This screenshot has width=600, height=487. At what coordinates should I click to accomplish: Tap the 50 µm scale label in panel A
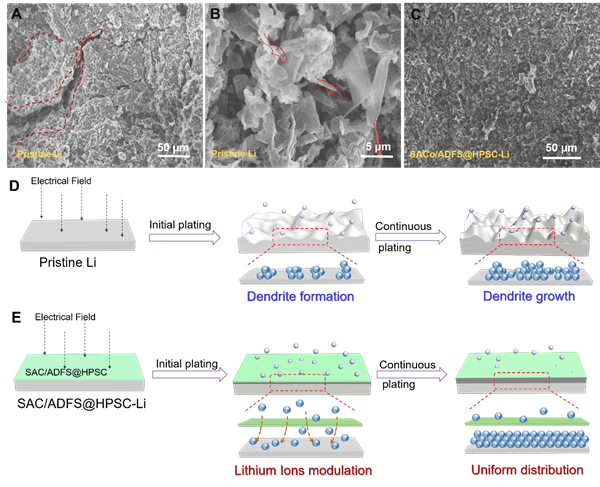[172, 148]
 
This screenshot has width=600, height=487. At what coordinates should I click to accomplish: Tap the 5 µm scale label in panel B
[376, 148]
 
